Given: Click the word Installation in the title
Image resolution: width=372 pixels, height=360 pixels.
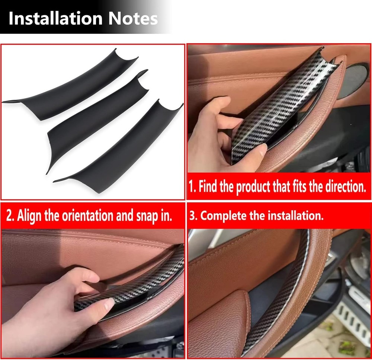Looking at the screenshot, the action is (x=55, y=19).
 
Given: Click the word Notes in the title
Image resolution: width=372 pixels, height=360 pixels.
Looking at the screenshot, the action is (x=133, y=19).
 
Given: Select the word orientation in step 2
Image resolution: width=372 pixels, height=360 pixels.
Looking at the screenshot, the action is (x=87, y=215).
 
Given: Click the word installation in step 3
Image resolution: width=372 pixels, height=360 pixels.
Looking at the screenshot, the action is (x=295, y=216).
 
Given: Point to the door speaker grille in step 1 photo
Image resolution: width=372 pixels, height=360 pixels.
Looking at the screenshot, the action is (x=355, y=81).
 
